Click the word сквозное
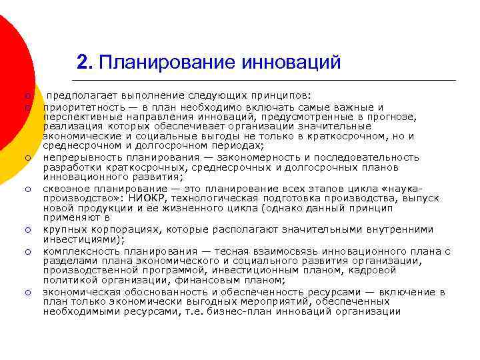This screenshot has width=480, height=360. (67, 189)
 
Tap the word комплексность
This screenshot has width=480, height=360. (78, 251)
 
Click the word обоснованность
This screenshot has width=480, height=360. (154, 292)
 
